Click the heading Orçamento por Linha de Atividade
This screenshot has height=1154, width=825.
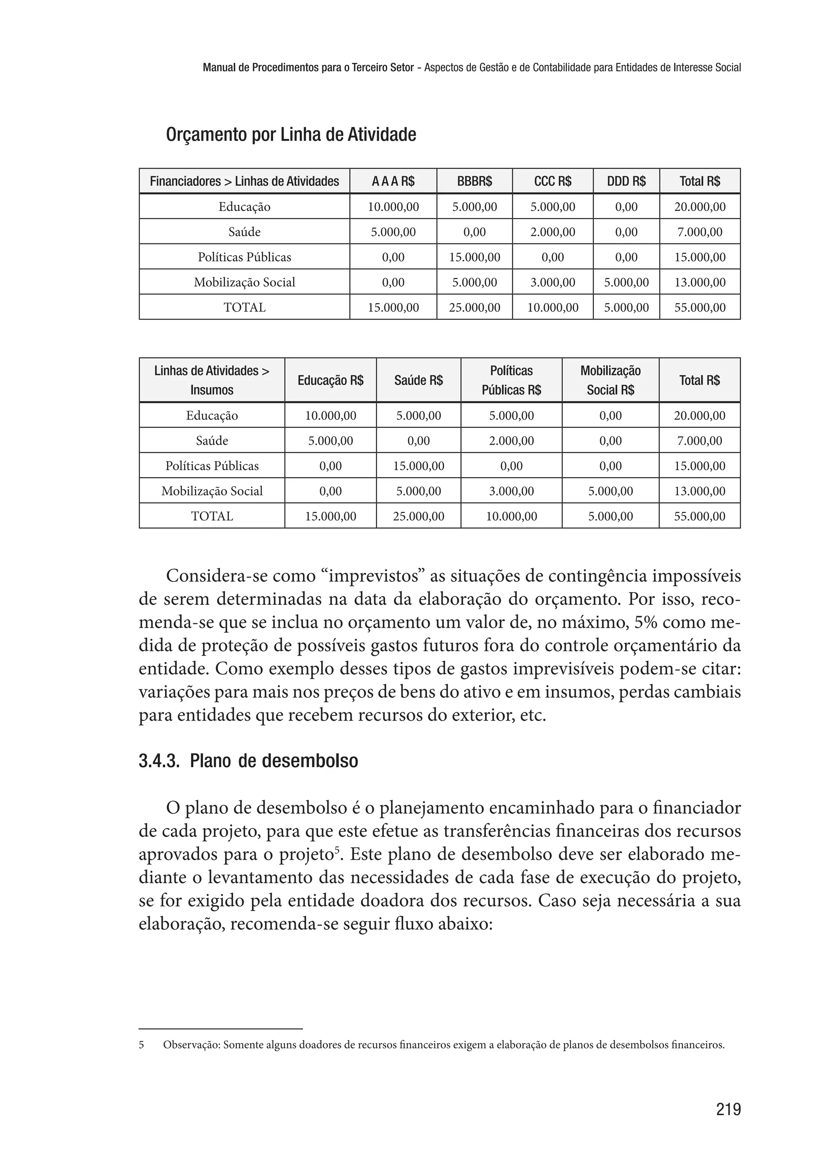(x=291, y=135)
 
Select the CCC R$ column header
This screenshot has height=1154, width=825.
(x=552, y=181)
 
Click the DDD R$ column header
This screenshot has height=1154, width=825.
(x=626, y=181)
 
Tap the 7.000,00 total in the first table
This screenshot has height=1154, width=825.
(x=700, y=232)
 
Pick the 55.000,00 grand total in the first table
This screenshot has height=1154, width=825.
(x=700, y=307)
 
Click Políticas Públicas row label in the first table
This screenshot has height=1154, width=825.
(x=245, y=257)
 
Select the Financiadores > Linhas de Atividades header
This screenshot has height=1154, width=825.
(x=245, y=181)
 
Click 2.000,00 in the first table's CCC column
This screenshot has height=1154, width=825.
(x=552, y=232)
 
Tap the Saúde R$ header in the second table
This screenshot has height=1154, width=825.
(x=418, y=381)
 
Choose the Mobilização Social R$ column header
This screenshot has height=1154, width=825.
(x=610, y=381)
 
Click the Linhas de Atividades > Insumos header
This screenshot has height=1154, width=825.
(x=212, y=381)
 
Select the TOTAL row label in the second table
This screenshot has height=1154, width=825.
(x=212, y=516)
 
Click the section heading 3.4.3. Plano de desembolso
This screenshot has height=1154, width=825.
(x=249, y=761)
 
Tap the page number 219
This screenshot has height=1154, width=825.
(x=728, y=1109)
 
